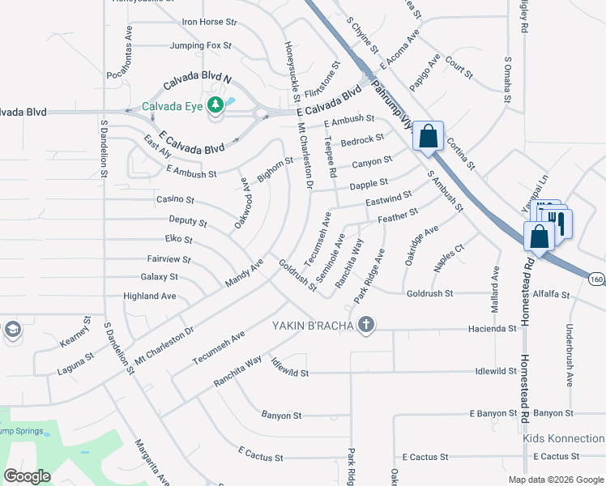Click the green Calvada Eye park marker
click(216, 104)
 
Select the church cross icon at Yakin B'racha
click(366, 326)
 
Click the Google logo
click(28, 475)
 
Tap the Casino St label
click(175, 199)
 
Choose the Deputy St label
click(188, 221)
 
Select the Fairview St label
click(169, 260)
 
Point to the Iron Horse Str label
click(209, 23)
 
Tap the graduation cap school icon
click(12, 330)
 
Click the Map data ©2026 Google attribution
click(555, 480)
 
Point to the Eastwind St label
click(389, 199)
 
